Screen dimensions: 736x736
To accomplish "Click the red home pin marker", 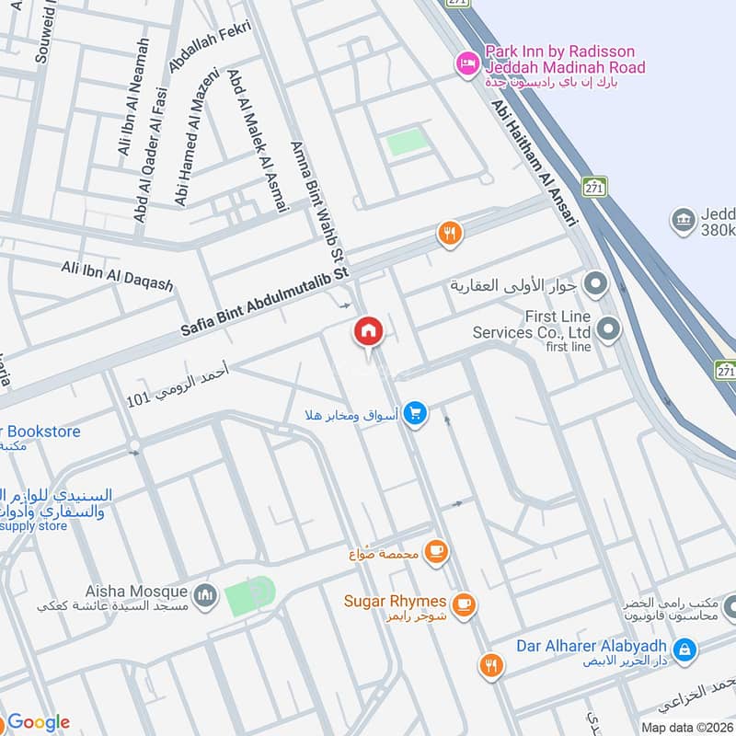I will point(369,332).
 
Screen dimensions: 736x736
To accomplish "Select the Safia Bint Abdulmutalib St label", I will point(266,301).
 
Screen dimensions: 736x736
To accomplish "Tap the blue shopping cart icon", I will point(415,414).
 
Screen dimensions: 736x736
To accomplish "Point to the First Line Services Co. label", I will point(544,323).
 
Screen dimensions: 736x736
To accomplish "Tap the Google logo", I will point(39,722).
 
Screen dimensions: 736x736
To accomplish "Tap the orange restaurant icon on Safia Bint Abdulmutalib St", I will point(449,234).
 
